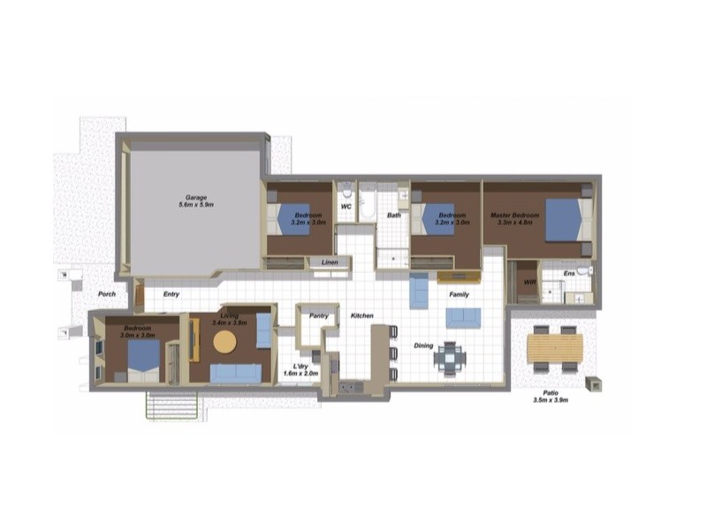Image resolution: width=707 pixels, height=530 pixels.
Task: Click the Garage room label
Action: click(195, 196)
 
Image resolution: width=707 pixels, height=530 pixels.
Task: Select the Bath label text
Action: click(393, 215)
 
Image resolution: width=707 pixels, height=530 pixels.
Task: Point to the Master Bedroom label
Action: click(517, 216)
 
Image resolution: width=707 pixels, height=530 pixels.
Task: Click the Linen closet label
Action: click(330, 262)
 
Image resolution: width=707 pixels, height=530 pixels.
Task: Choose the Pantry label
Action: click(318, 314)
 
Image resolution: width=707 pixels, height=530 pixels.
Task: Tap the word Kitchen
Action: click(362, 315)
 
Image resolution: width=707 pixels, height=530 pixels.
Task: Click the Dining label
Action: click(424, 345)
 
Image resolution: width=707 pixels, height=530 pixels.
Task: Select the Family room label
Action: click(459, 294)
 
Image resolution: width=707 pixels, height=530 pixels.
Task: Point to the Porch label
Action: click(107, 294)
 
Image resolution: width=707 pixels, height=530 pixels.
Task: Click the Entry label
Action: click(171, 294)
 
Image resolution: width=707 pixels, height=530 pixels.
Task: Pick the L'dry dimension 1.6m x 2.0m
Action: click(300, 374)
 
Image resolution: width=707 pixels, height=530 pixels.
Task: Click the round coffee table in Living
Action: click(224, 343)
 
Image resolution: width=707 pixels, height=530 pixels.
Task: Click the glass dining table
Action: click(450, 358)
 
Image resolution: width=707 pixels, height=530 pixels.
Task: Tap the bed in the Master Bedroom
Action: click(566, 219)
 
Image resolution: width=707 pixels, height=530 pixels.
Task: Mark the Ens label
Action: click(568, 275)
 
